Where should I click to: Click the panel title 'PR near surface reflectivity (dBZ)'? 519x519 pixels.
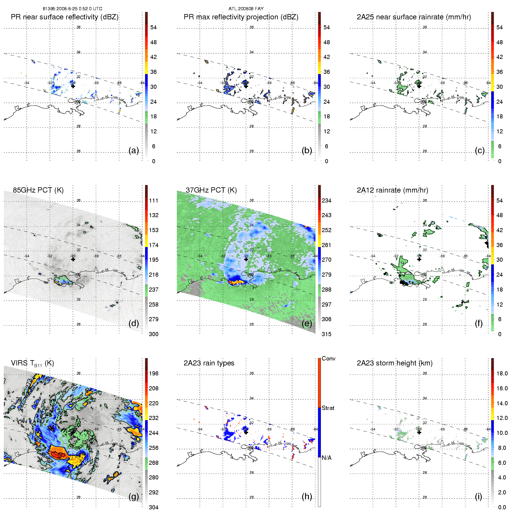[x=64, y=17]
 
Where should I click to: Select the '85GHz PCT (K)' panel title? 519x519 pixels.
[x=38, y=190]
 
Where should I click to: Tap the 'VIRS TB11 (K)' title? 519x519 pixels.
[x=32, y=363]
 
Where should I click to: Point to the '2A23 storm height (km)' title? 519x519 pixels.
[x=394, y=363]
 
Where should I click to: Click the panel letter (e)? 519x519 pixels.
[x=307, y=323]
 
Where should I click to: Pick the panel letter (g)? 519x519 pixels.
[x=134, y=496]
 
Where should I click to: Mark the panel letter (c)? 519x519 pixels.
[x=480, y=150]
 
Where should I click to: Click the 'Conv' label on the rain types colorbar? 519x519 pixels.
[x=329, y=358]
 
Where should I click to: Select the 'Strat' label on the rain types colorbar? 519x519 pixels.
[x=328, y=408]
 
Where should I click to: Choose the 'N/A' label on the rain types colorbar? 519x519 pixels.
[x=326, y=458]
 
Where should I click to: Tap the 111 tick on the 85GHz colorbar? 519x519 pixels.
[x=154, y=200]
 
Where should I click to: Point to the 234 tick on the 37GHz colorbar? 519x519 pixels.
[x=326, y=200]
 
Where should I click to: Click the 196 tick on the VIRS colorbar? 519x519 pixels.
[x=154, y=373]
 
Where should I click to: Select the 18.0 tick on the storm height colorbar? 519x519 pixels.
[x=502, y=373]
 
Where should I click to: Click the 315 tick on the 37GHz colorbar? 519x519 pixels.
[x=326, y=334]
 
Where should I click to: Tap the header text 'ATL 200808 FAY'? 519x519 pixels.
[x=246, y=9]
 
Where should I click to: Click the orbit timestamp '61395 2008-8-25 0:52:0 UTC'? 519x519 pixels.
[x=72, y=9]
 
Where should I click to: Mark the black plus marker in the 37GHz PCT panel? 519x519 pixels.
[x=246, y=259]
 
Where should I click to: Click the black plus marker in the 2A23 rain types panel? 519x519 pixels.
[x=246, y=432]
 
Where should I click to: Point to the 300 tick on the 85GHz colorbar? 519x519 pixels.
[x=154, y=334]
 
